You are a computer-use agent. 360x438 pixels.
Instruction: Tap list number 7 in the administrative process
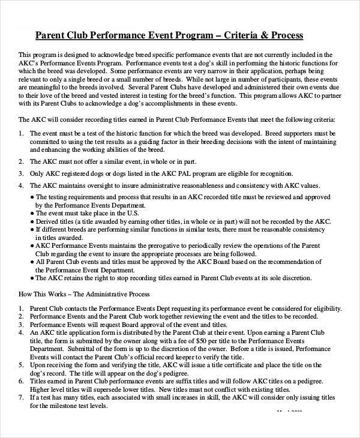[x=21, y=397]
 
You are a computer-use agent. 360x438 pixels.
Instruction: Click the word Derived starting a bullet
[x=49, y=220]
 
